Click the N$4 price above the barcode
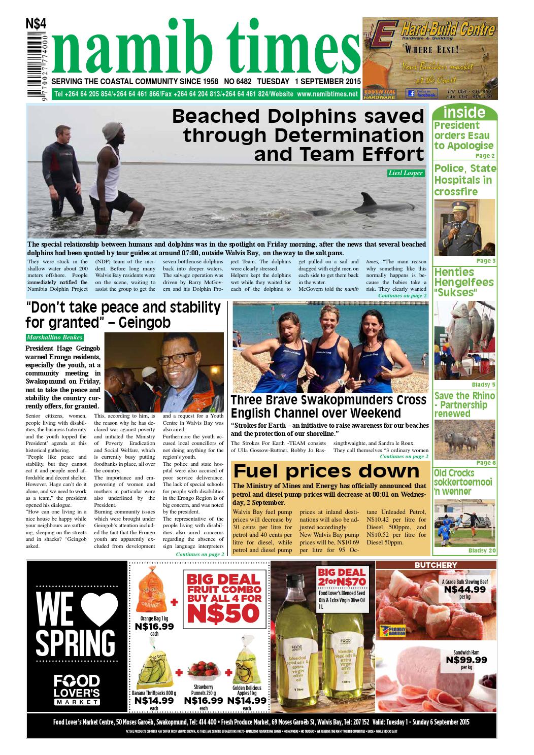coord(36,24)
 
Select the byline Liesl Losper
coord(405,173)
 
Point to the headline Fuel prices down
coord(326,471)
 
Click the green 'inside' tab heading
coord(464,112)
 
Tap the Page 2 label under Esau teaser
coord(485,156)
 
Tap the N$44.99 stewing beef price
coord(464,590)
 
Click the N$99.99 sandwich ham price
coord(466,660)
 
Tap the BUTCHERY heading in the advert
coord(436,565)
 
